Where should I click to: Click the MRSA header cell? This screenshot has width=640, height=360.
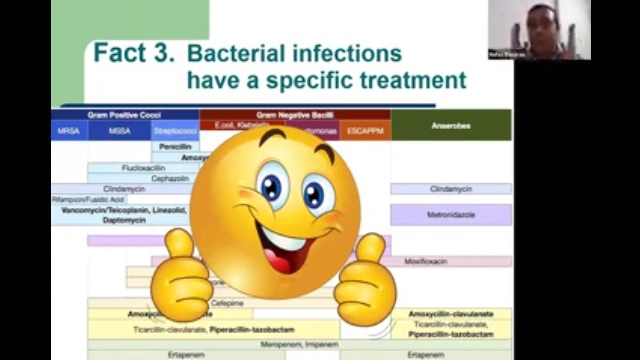tap(69, 131)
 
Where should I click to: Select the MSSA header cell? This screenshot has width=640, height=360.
tap(119, 131)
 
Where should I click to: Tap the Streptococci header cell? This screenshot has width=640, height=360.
tap(175, 131)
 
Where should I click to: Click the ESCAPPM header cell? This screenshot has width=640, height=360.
tap(365, 131)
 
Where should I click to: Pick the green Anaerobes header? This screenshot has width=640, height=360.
tap(451, 126)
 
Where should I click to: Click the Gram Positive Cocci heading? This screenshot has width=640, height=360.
tap(125, 115)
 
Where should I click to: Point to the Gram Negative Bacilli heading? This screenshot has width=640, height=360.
tap(295, 115)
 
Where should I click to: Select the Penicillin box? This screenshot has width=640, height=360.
tap(175, 147)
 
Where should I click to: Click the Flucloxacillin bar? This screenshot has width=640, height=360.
tap(144, 168)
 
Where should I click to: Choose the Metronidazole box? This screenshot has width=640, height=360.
tap(451, 215)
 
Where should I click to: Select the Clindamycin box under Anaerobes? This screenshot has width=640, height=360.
tap(451, 189)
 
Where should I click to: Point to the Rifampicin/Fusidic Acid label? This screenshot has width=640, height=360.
tap(88, 199)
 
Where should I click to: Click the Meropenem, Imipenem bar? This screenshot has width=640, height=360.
tap(299, 345)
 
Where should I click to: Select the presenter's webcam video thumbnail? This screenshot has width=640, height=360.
tap(539, 30)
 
